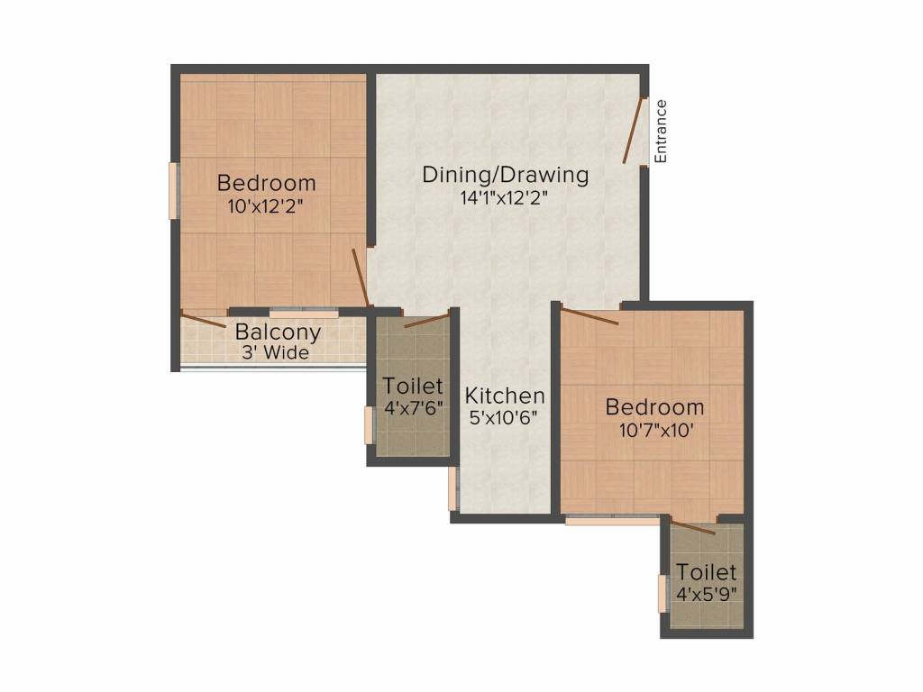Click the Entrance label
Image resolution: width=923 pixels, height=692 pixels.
(661, 131)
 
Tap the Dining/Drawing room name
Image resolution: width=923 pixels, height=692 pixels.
(505, 175)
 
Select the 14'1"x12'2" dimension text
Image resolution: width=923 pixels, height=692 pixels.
(505, 197)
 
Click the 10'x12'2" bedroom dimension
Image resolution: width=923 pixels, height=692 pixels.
(266, 205)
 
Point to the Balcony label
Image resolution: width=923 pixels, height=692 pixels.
(278, 332)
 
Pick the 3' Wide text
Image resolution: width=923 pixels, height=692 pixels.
(275, 352)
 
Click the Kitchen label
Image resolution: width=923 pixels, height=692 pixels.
(505, 396)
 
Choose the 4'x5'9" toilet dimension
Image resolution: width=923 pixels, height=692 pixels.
(707, 594)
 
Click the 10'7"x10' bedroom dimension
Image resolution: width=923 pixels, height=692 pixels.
(653, 430)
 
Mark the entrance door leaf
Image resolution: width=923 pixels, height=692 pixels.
(635, 131)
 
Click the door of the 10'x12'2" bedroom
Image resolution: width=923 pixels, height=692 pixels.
(360, 276)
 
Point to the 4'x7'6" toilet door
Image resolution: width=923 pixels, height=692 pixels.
(425, 320)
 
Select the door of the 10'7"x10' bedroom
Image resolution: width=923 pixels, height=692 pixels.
(590, 315)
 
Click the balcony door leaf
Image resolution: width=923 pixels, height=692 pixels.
(204, 318)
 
